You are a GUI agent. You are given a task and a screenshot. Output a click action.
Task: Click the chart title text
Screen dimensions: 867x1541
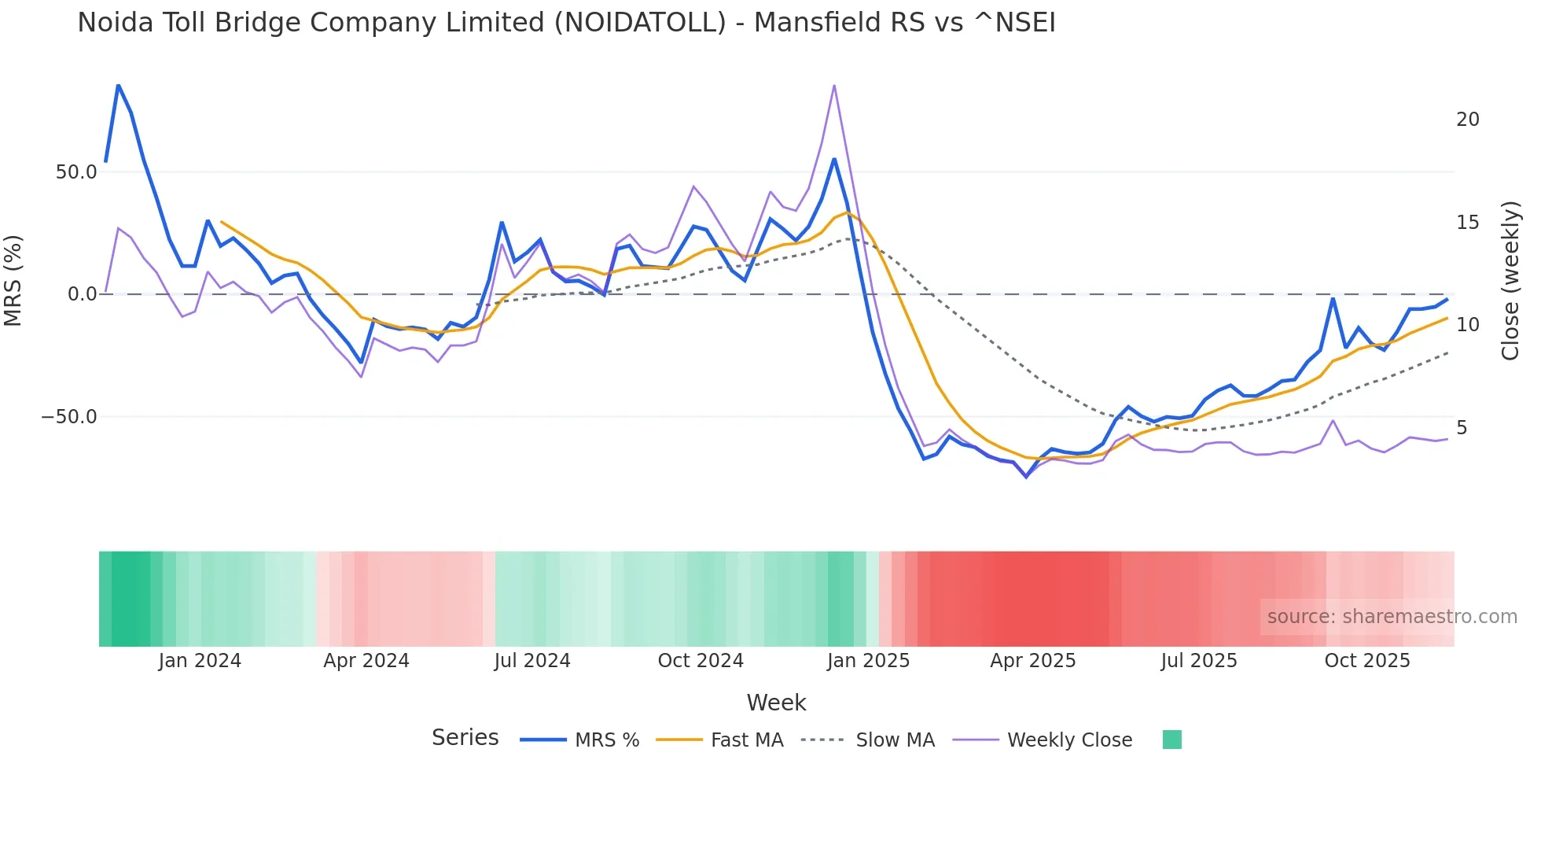click(566, 23)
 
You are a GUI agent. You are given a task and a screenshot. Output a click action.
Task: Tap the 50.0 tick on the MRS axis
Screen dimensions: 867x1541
click(76, 172)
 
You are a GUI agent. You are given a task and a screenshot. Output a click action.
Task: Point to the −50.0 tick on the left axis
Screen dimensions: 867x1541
click(69, 417)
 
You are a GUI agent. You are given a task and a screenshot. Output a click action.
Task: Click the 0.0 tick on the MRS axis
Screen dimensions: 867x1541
click(82, 294)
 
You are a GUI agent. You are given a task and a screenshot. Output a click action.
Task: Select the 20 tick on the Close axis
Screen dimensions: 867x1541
click(1467, 120)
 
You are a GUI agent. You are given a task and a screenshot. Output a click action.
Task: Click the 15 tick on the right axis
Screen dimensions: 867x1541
click(1467, 223)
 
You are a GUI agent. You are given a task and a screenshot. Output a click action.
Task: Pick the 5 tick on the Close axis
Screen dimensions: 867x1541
click(1462, 428)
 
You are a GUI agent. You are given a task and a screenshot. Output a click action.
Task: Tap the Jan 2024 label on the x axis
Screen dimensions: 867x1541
click(200, 661)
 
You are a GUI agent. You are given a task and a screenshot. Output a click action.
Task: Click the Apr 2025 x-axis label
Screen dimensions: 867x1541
click(1032, 661)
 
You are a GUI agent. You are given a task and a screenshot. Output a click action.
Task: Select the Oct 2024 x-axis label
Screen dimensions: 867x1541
click(701, 661)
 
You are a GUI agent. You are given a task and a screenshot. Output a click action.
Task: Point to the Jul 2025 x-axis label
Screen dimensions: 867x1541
click(1198, 661)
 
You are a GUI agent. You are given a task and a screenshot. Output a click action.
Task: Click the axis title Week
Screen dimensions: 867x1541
click(776, 703)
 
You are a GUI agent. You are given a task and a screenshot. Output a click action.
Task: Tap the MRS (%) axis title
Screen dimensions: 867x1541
click(13, 281)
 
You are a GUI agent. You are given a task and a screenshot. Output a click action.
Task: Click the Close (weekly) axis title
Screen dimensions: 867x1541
click(1510, 281)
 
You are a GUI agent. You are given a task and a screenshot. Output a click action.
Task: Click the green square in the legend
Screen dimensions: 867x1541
click(1171, 740)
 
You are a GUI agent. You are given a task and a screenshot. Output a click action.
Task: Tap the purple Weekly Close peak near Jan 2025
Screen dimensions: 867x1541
click(833, 86)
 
